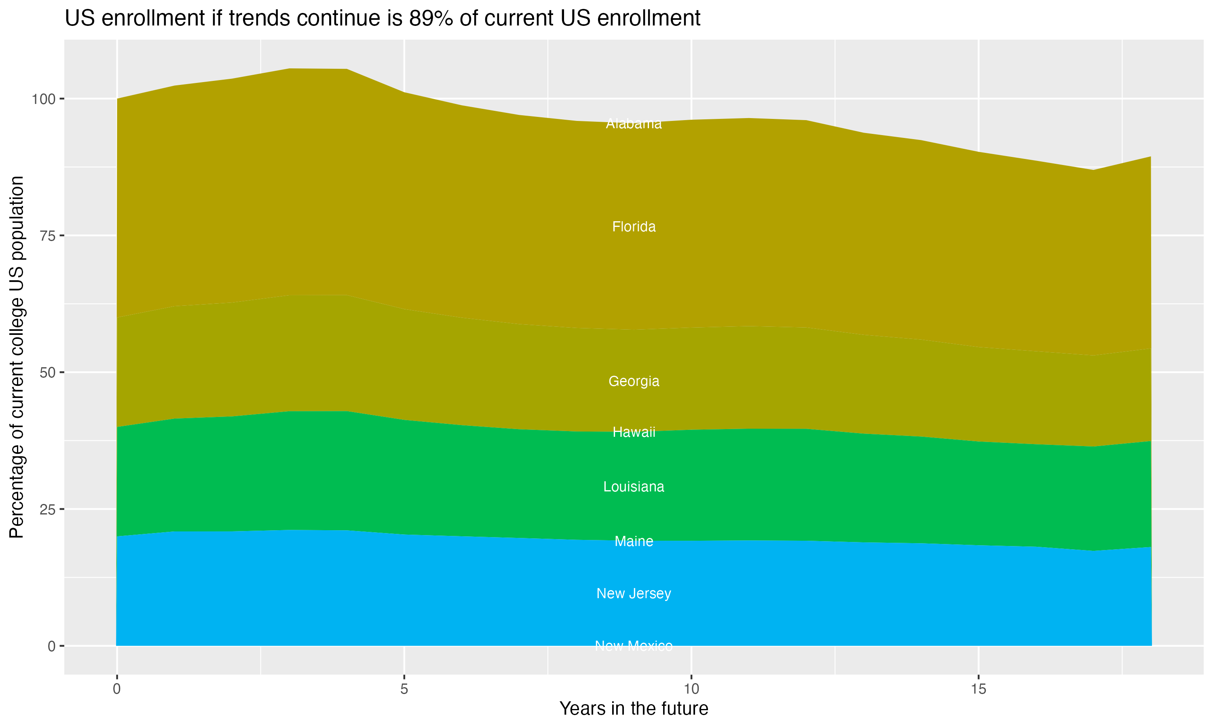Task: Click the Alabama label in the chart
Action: click(x=634, y=124)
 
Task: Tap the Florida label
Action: click(x=634, y=226)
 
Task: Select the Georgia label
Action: click(x=634, y=381)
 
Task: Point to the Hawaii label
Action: click(x=634, y=432)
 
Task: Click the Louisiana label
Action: click(x=634, y=487)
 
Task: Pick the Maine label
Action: click(x=634, y=541)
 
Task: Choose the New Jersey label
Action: click(x=634, y=594)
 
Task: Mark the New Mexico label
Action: click(x=634, y=645)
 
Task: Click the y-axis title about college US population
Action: click(x=17, y=357)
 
